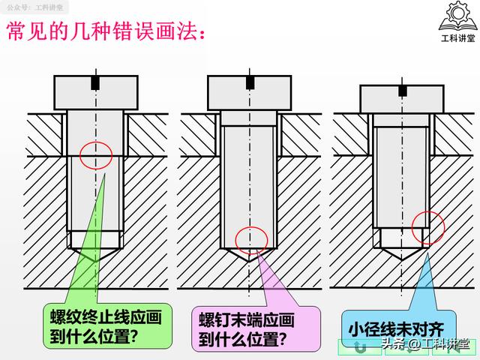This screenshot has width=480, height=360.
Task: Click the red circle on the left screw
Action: click(x=95, y=155)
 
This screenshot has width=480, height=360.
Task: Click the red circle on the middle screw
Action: click(x=251, y=238)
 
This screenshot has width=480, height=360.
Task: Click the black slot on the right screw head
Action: click(x=403, y=90)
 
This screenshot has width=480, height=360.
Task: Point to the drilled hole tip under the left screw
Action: click(x=95, y=255)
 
